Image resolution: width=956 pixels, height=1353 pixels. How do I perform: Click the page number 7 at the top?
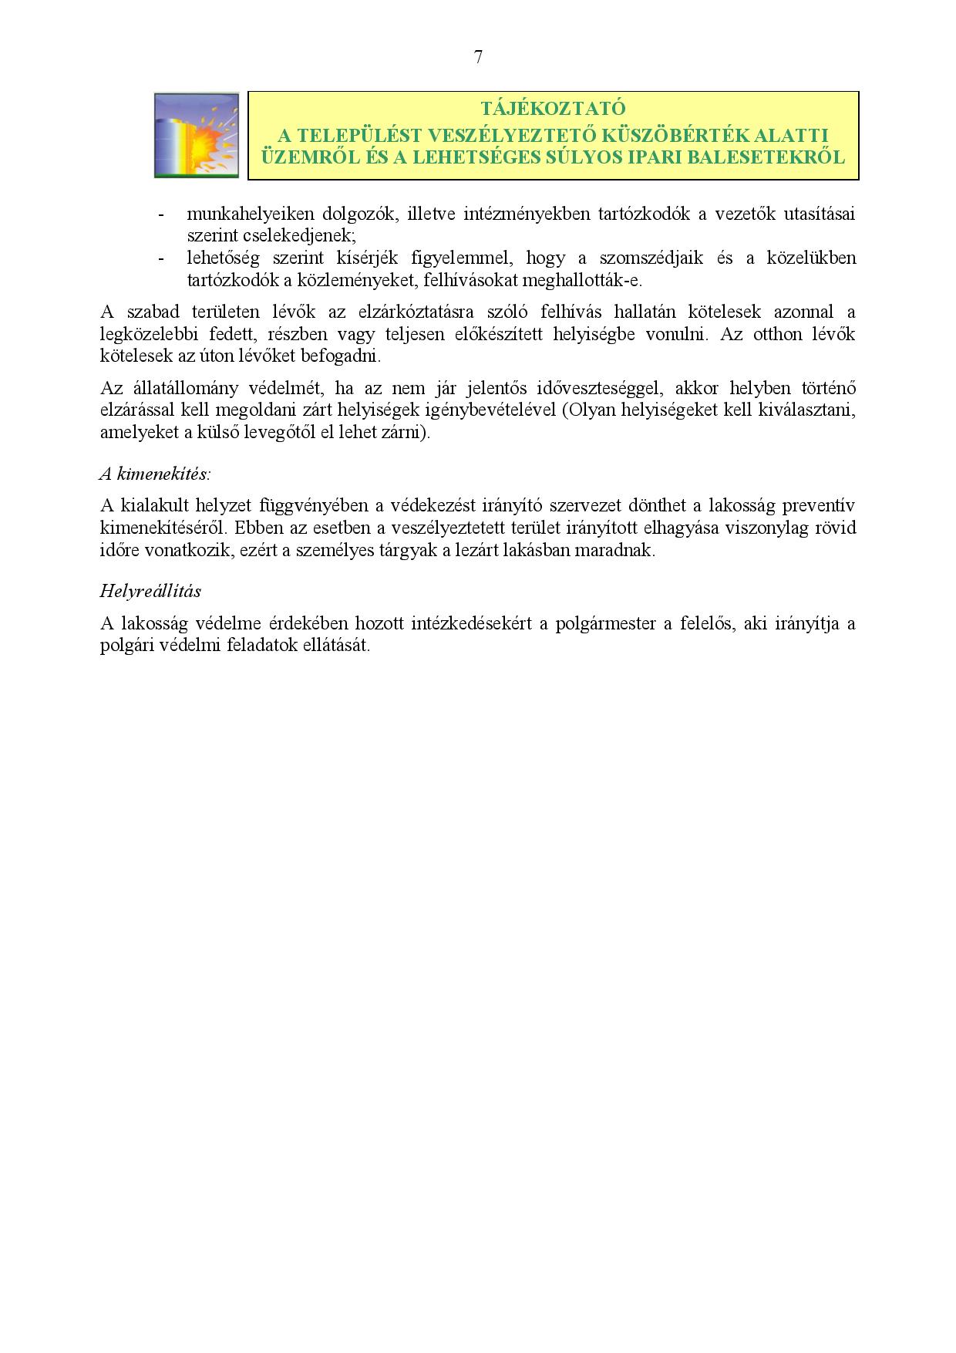pos(478,57)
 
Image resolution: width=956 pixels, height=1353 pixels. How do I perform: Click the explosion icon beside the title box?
pos(197,136)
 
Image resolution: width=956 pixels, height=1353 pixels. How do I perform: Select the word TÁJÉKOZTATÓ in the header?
pos(553,108)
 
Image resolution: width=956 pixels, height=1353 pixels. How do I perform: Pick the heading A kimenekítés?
pos(155,473)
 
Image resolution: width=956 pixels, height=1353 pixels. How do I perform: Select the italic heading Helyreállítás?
pos(150,591)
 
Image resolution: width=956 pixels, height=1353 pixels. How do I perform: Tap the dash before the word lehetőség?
pos(161,258)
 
